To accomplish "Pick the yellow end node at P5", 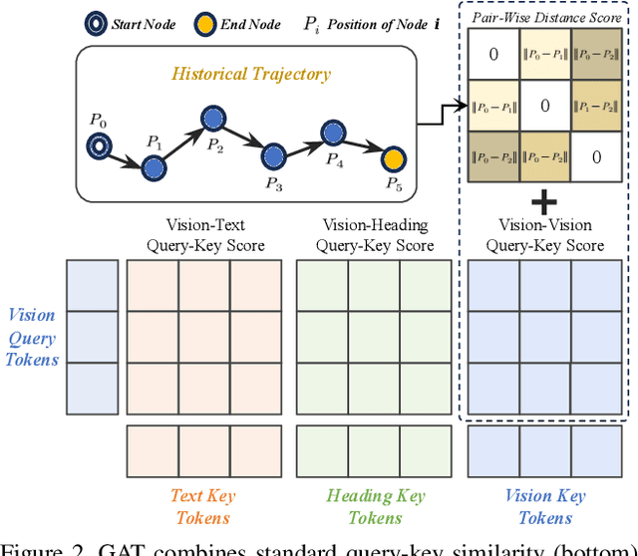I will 395,158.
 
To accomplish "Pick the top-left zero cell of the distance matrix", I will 493,54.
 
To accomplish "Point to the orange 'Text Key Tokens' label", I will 202,506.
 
